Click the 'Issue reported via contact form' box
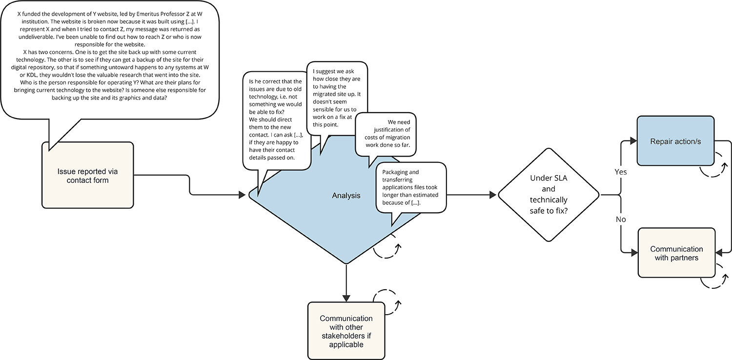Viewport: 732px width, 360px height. click(x=87, y=176)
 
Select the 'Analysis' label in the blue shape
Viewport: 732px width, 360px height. click(x=346, y=196)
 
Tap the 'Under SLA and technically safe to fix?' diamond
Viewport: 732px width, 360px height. click(x=549, y=195)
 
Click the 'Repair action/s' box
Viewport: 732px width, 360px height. click(x=676, y=141)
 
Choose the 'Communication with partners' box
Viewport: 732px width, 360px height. click(x=676, y=253)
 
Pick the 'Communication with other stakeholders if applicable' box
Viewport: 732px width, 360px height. click(x=346, y=331)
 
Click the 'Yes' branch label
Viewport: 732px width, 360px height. click(x=621, y=172)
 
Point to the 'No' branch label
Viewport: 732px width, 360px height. click(x=621, y=220)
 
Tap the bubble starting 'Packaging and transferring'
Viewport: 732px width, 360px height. click(x=410, y=188)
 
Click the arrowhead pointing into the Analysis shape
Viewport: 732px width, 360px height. click(x=243, y=195)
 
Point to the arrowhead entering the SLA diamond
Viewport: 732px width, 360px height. click(x=493, y=195)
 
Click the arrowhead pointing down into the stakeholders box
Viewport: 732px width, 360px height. click(x=346, y=298)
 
